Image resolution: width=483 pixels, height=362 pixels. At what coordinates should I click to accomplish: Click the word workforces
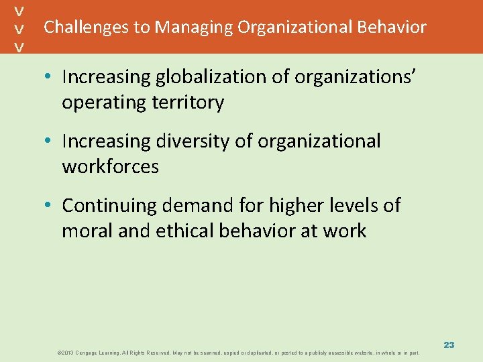[x=111, y=167]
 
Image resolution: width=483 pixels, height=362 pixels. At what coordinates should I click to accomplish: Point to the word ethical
[x=180, y=231]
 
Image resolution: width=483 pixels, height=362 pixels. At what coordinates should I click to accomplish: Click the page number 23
[x=449, y=345]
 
